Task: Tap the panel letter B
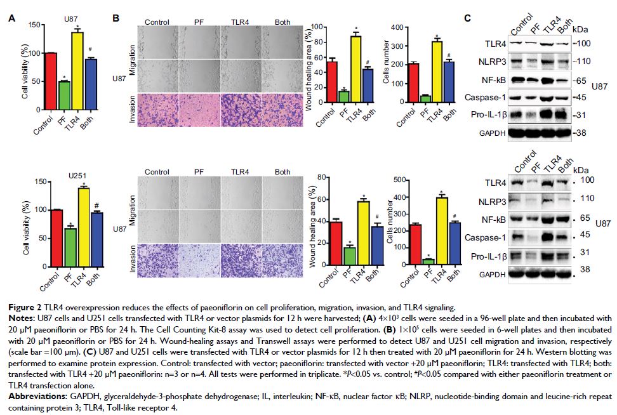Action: click(116, 19)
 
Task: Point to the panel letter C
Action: click(467, 18)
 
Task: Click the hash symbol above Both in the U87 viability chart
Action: click(91, 51)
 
